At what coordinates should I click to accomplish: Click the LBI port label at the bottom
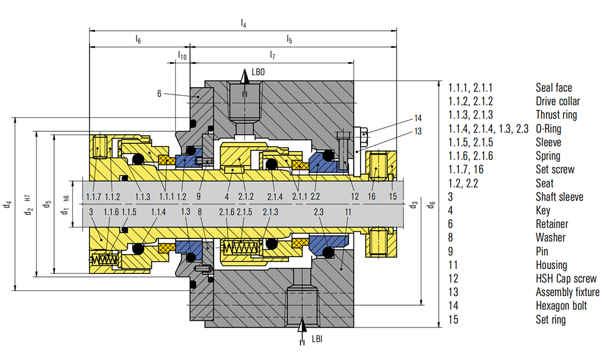coord(317,339)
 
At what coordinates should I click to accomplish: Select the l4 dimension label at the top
coord(243,23)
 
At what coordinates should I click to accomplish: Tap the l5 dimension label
coord(290,40)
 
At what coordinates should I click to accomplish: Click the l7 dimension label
coord(272,55)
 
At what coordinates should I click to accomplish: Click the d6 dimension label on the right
coord(431,205)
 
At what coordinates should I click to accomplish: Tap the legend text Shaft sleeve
coord(559,197)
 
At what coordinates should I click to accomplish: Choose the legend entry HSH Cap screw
coord(566,279)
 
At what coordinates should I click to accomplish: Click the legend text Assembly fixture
coord(568,293)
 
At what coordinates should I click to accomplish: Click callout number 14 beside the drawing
coord(418,117)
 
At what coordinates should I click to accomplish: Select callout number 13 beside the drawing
coord(418,132)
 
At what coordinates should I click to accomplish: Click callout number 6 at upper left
coord(160,93)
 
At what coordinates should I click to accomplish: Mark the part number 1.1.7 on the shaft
coord(93,197)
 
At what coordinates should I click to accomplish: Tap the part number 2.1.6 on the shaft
coord(226,212)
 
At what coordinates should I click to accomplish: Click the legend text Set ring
coord(551,320)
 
